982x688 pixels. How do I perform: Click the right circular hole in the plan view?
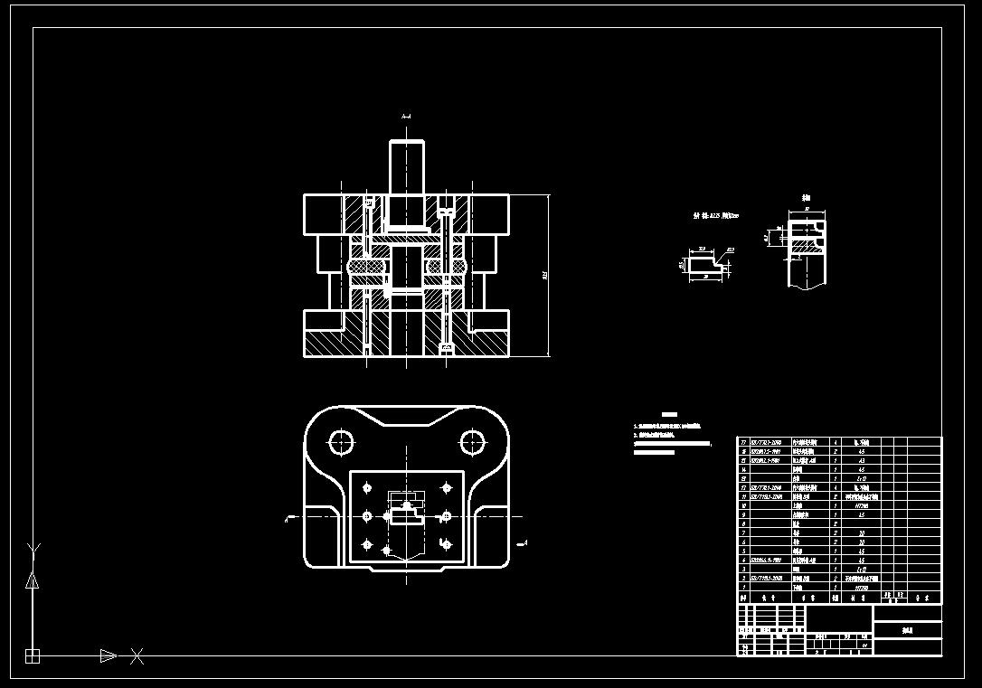pyautogui.click(x=472, y=442)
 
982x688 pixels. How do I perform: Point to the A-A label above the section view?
pyautogui.click(x=406, y=117)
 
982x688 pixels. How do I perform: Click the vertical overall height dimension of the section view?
pyautogui.click(x=546, y=275)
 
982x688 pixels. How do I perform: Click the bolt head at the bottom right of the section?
pyautogui.click(x=444, y=348)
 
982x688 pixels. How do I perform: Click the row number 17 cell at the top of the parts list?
pyautogui.click(x=743, y=441)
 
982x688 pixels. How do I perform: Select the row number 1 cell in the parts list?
pyautogui.click(x=743, y=587)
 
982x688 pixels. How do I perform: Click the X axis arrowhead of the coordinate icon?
pyautogui.click(x=108, y=655)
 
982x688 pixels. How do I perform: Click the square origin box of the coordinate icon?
pyautogui.click(x=33, y=655)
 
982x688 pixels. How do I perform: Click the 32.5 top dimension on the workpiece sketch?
pyautogui.click(x=702, y=250)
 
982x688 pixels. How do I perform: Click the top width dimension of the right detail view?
pyautogui.click(x=807, y=209)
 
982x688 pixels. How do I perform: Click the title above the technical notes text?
pyautogui.click(x=669, y=413)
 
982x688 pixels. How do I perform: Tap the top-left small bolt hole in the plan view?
pyautogui.click(x=367, y=488)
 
